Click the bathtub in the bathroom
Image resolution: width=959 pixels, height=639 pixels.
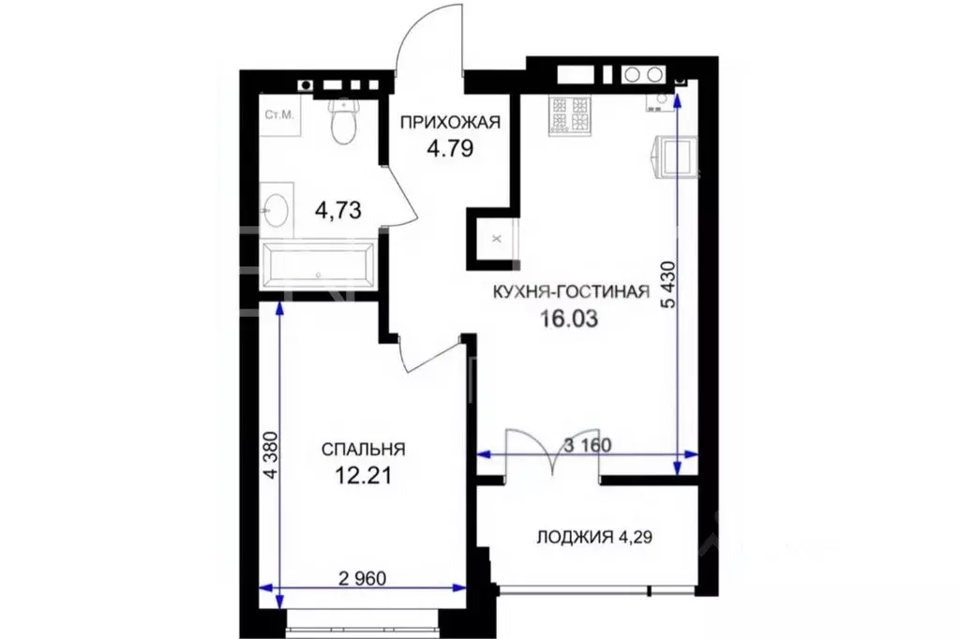[x=319, y=265]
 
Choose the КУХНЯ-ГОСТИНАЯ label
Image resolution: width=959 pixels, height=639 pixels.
[x=571, y=292]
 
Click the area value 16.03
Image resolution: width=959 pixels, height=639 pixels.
[x=568, y=319]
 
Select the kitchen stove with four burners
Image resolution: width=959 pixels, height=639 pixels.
[x=571, y=114]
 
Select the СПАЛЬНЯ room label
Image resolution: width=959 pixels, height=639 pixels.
[x=363, y=449]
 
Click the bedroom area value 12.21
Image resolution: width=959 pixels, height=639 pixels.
[x=363, y=475]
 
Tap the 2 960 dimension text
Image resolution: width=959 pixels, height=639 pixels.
[x=360, y=579]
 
